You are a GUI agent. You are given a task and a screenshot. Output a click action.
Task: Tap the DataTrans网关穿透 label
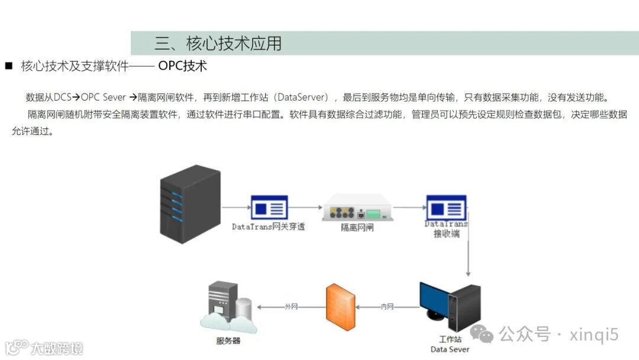pyautogui.click(x=268, y=227)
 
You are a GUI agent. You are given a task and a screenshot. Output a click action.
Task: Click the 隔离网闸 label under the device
pyautogui.click(x=357, y=227)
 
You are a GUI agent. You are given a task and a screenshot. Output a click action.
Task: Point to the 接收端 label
pyautogui.click(x=446, y=234)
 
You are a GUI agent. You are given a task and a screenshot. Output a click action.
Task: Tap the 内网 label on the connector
pyautogui.click(x=388, y=307)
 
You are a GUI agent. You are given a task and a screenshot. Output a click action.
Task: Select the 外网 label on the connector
pyautogui.click(x=291, y=307)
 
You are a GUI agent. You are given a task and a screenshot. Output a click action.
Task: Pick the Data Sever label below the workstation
pyautogui.click(x=450, y=349)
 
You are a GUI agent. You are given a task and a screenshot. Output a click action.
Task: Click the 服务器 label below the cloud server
pyautogui.click(x=228, y=341)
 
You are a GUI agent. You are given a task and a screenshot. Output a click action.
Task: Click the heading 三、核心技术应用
pyautogui.click(x=218, y=43)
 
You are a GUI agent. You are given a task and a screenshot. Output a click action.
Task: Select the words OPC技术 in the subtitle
pyautogui.click(x=182, y=66)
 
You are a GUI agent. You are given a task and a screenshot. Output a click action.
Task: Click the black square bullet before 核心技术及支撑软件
pyautogui.click(x=8, y=66)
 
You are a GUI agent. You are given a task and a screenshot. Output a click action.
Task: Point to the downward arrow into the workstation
pyautogui.click(x=468, y=261)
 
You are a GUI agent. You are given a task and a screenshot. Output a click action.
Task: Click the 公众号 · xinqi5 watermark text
pyautogui.click(x=559, y=335)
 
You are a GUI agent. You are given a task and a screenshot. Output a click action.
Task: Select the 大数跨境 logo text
pyautogui.click(x=57, y=348)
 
